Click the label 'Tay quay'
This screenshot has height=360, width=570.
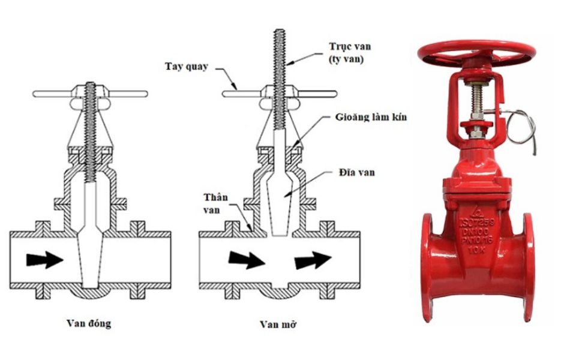coord(187,67)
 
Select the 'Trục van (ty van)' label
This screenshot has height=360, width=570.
coord(350,53)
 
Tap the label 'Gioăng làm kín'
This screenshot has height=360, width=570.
coord(371,117)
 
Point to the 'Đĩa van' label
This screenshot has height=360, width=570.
coord(356,172)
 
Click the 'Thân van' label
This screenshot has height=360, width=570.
coord(215,203)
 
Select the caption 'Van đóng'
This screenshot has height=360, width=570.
coord(89,323)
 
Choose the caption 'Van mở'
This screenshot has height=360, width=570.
coord(278,324)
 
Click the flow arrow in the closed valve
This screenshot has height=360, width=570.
coord(45,259)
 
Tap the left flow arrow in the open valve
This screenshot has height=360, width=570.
coord(247,260)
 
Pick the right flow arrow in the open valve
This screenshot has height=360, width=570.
coord(313,260)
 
